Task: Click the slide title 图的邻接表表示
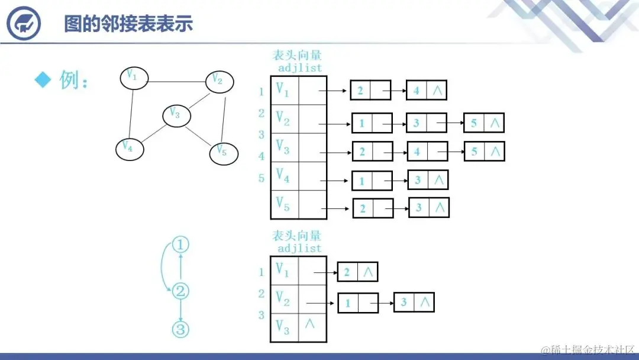128,24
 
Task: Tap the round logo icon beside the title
23,24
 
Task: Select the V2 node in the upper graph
220,81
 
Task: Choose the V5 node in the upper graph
223,152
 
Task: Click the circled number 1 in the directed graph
181,245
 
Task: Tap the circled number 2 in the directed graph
180,291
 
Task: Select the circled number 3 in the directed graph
180,329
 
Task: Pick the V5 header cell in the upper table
284,205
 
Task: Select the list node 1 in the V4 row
372,180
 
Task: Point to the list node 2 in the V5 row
373,208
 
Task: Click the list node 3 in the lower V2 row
414,302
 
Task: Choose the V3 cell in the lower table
284,327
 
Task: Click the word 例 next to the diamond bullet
69,80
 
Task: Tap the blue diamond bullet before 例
43,79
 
